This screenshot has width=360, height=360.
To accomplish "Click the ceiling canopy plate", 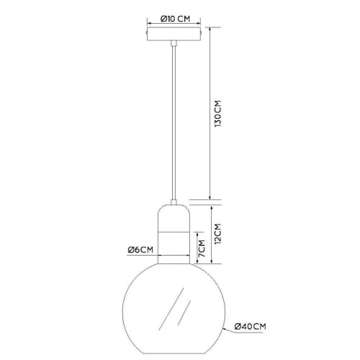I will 174,34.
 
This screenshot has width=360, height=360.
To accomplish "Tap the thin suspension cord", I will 174,122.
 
